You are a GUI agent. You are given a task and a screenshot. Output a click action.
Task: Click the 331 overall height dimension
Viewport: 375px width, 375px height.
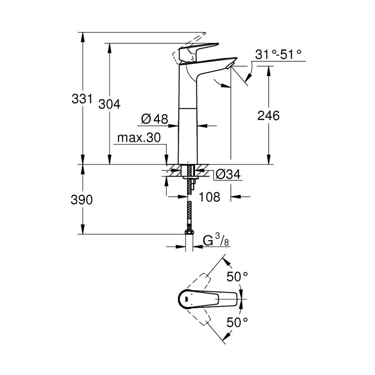click(x=82, y=98)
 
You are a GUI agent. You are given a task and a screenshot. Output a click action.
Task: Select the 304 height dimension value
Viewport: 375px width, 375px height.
click(x=109, y=104)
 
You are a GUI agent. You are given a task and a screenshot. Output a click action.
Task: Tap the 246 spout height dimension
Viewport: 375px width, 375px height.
click(x=268, y=116)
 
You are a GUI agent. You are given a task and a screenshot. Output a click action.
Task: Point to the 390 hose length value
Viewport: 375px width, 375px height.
click(x=82, y=200)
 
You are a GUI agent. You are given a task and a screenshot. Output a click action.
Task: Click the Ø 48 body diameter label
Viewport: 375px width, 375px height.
click(x=155, y=119)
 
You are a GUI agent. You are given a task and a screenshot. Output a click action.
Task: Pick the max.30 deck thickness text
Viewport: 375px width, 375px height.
click(x=139, y=137)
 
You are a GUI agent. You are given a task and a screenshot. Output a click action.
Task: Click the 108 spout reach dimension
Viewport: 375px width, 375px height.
click(x=210, y=197)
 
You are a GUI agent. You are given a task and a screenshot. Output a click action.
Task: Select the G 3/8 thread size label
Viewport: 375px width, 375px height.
click(x=216, y=240)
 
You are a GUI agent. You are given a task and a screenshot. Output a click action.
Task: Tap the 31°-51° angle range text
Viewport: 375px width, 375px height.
click(x=278, y=55)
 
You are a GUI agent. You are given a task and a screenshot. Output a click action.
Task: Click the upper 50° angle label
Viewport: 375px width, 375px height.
click(x=237, y=277)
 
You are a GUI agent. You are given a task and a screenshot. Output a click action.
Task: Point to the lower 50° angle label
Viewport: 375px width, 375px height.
click(x=237, y=322)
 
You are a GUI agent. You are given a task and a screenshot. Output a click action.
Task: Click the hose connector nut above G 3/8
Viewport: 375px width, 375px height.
click(x=189, y=232)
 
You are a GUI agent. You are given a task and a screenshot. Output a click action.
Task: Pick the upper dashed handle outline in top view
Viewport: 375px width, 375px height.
click(x=198, y=282)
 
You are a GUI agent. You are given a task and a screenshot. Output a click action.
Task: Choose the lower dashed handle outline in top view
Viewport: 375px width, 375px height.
click(x=198, y=316)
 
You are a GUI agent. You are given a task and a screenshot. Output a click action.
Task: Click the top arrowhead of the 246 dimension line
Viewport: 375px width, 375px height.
click(x=269, y=71)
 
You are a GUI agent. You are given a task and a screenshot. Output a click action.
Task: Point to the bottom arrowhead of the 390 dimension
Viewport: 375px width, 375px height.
click(x=83, y=229)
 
